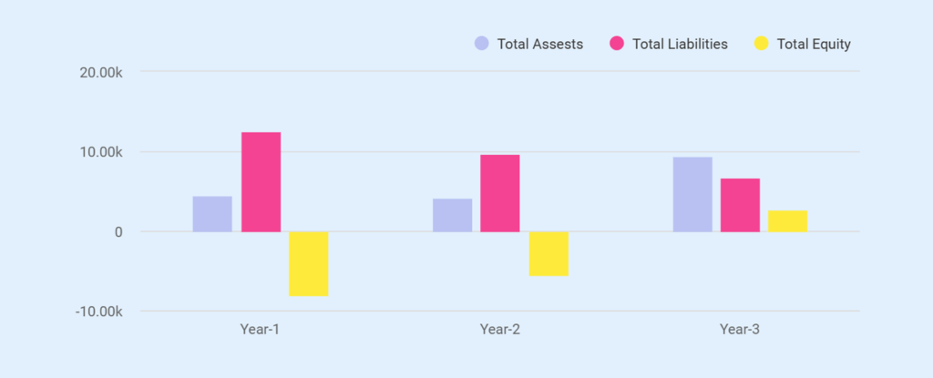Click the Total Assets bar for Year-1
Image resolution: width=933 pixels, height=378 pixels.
pos(212,214)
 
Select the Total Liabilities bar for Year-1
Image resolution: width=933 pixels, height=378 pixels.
pos(261,182)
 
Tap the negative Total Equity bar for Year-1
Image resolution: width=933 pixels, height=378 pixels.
pos(309,263)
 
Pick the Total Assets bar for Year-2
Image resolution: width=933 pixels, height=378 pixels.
pos(453,215)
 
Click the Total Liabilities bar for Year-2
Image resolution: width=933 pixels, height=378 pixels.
pos(500,193)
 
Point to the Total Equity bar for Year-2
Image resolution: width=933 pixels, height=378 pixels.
pos(549,253)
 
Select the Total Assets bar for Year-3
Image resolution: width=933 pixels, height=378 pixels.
pos(692,194)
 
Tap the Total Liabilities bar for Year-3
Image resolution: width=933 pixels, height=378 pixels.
pos(740,205)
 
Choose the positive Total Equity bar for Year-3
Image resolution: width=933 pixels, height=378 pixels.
pos(787,221)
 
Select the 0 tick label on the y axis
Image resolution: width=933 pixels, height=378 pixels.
pos(118,232)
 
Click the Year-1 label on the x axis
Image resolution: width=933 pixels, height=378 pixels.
pos(260,329)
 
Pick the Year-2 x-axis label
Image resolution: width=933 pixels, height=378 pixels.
pos(500,329)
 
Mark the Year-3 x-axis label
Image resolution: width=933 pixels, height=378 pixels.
pos(740,329)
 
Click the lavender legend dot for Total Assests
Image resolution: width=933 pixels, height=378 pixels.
pos(481,44)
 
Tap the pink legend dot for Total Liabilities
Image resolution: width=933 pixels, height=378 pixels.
pos(617,44)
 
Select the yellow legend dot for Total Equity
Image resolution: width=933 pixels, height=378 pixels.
pos(762,44)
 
